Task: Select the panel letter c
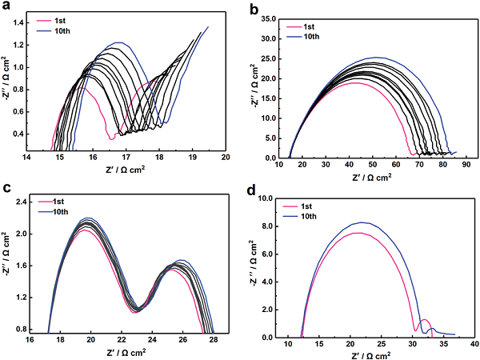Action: (7, 189)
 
